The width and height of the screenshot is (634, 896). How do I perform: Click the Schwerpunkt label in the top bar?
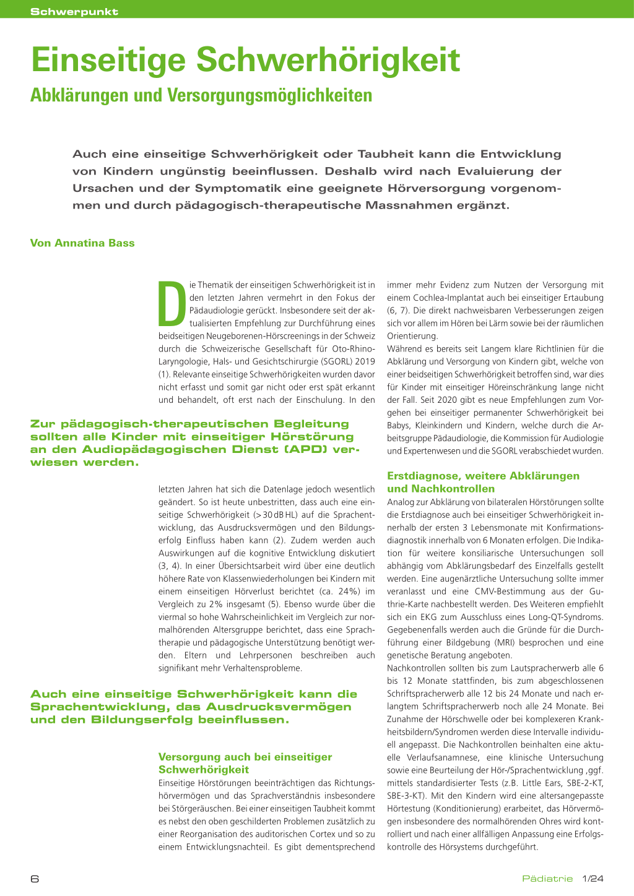[74, 12]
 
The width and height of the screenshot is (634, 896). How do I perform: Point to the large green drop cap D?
[172, 304]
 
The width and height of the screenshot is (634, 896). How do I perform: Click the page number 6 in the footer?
[35, 879]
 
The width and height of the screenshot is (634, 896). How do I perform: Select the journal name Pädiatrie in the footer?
[547, 879]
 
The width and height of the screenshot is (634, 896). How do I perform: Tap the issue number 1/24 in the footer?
[593, 879]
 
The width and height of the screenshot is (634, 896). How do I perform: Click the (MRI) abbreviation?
[509, 642]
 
